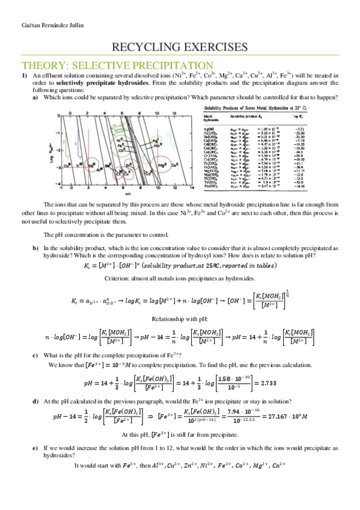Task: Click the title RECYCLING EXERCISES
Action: tap(180, 47)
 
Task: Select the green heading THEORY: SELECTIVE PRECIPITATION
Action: tap(117, 65)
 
